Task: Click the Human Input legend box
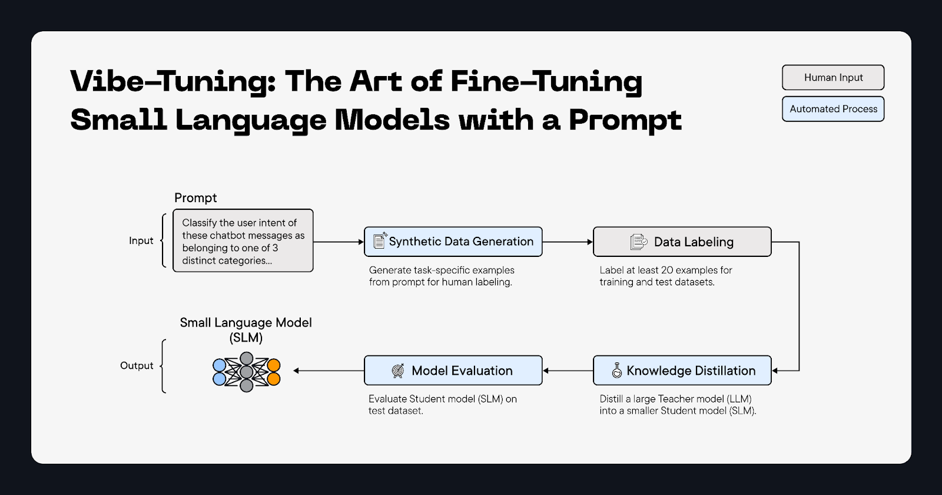pos(833,78)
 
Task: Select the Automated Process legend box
pos(833,109)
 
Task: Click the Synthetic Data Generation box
pos(453,242)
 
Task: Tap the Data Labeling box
pos(682,242)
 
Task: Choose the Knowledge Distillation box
pos(682,371)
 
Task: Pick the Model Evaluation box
pos(453,371)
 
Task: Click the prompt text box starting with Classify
pos(243,241)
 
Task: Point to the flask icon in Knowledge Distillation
pos(616,371)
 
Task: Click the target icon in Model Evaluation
pos(398,371)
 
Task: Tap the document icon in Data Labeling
pos(638,242)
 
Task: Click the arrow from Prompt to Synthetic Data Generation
pos(339,242)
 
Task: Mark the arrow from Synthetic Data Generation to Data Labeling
pos(567,242)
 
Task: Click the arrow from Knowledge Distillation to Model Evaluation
pos(568,371)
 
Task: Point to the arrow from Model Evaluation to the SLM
pos(329,371)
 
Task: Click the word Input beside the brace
pos(141,241)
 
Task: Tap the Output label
pos(137,366)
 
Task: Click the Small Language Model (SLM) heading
pos(246,330)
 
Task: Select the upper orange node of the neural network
pos(274,365)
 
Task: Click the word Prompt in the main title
pos(625,120)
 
